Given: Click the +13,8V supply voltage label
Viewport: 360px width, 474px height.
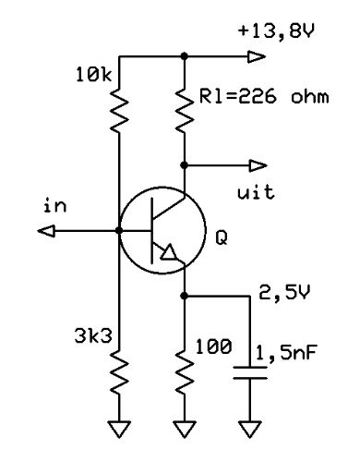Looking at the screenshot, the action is (x=276, y=31).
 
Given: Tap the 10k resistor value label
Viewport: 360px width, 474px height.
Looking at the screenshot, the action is (x=94, y=75).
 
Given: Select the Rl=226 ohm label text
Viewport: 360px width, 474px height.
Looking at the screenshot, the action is (x=264, y=96).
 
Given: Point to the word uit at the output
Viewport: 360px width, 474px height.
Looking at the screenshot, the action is (x=256, y=192).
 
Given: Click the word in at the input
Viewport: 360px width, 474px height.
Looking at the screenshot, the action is (x=55, y=205).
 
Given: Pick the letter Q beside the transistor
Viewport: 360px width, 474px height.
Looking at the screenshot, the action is (x=222, y=237).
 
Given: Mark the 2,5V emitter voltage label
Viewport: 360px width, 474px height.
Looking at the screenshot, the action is (x=284, y=292).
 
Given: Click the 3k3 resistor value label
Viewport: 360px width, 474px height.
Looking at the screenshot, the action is (x=93, y=336).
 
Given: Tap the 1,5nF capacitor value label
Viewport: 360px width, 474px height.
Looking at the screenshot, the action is (x=286, y=353).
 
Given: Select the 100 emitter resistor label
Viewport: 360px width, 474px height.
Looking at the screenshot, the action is (x=213, y=346).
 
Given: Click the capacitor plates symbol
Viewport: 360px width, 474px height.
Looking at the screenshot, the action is (x=250, y=372).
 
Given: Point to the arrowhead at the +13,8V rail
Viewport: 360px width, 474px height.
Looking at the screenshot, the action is (x=257, y=56).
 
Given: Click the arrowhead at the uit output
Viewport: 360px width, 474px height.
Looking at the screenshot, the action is (x=258, y=165).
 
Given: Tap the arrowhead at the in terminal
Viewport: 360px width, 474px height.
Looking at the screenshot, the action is (x=46, y=231).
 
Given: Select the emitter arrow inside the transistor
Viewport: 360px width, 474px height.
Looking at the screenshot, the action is (x=169, y=252).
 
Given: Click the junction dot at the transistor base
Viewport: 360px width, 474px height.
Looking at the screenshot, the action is (x=119, y=231).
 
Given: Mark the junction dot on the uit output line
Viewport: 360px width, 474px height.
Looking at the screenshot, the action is (x=184, y=165).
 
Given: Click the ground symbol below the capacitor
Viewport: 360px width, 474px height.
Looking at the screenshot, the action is (x=250, y=429).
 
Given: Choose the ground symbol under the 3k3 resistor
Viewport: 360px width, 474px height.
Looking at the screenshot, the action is (x=119, y=429).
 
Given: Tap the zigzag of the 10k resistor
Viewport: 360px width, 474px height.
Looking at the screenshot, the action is (x=119, y=110).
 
